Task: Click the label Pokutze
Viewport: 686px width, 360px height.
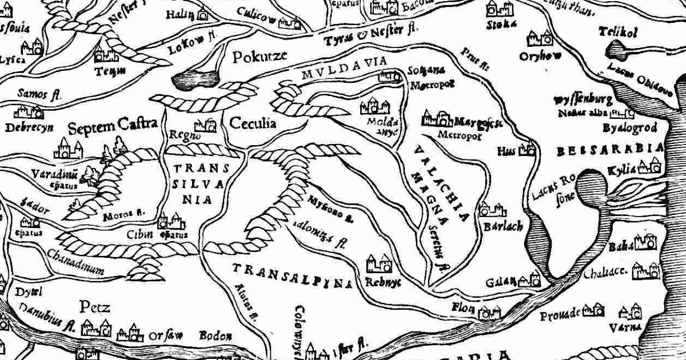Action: pos(259,57)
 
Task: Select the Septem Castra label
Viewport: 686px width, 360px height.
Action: pos(113,126)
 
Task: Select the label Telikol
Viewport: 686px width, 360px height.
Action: pos(617,33)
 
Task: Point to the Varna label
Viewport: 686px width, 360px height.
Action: pos(631,327)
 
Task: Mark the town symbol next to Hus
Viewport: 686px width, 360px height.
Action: pos(528,150)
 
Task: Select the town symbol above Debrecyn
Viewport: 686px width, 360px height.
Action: pos(29,111)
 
